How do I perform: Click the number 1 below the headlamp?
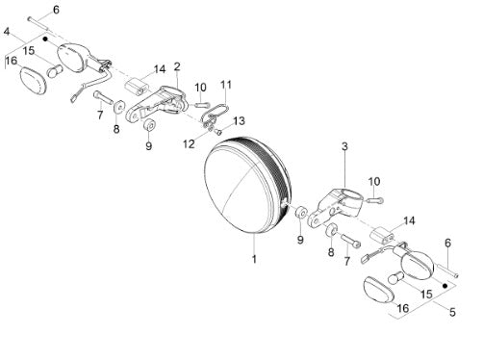[254, 259]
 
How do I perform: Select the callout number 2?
[177, 66]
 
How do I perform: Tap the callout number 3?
[344, 146]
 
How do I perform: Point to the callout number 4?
[7, 32]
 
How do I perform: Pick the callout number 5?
[452, 312]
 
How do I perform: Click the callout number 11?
[226, 85]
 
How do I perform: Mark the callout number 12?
[189, 144]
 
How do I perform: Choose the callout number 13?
[239, 121]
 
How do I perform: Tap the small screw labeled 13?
[219, 131]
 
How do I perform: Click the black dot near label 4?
[45, 39]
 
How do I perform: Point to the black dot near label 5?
[445, 285]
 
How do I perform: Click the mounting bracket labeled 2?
[154, 103]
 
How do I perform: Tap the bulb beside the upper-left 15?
[55, 71]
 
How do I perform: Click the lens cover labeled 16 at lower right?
[379, 291]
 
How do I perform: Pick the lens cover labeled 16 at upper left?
[34, 80]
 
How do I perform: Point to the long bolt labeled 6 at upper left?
[38, 24]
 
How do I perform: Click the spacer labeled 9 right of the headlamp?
[301, 213]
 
